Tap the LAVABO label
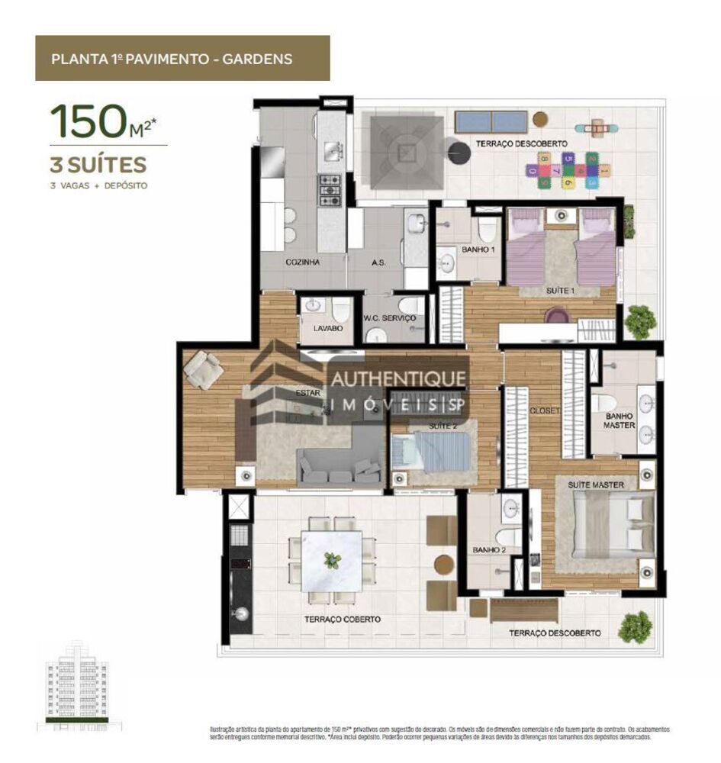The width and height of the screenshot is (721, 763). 327,328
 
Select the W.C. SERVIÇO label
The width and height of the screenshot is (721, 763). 389,318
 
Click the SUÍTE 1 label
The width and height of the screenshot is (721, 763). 560,291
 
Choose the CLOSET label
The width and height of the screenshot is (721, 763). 545,410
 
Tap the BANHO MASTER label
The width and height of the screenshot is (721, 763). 619,420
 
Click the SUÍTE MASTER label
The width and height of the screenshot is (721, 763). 595,485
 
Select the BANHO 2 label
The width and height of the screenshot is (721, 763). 485,549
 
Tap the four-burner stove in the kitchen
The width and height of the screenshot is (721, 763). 330,191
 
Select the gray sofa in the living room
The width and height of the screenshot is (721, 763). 340,465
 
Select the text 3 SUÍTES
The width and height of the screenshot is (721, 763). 98,164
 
